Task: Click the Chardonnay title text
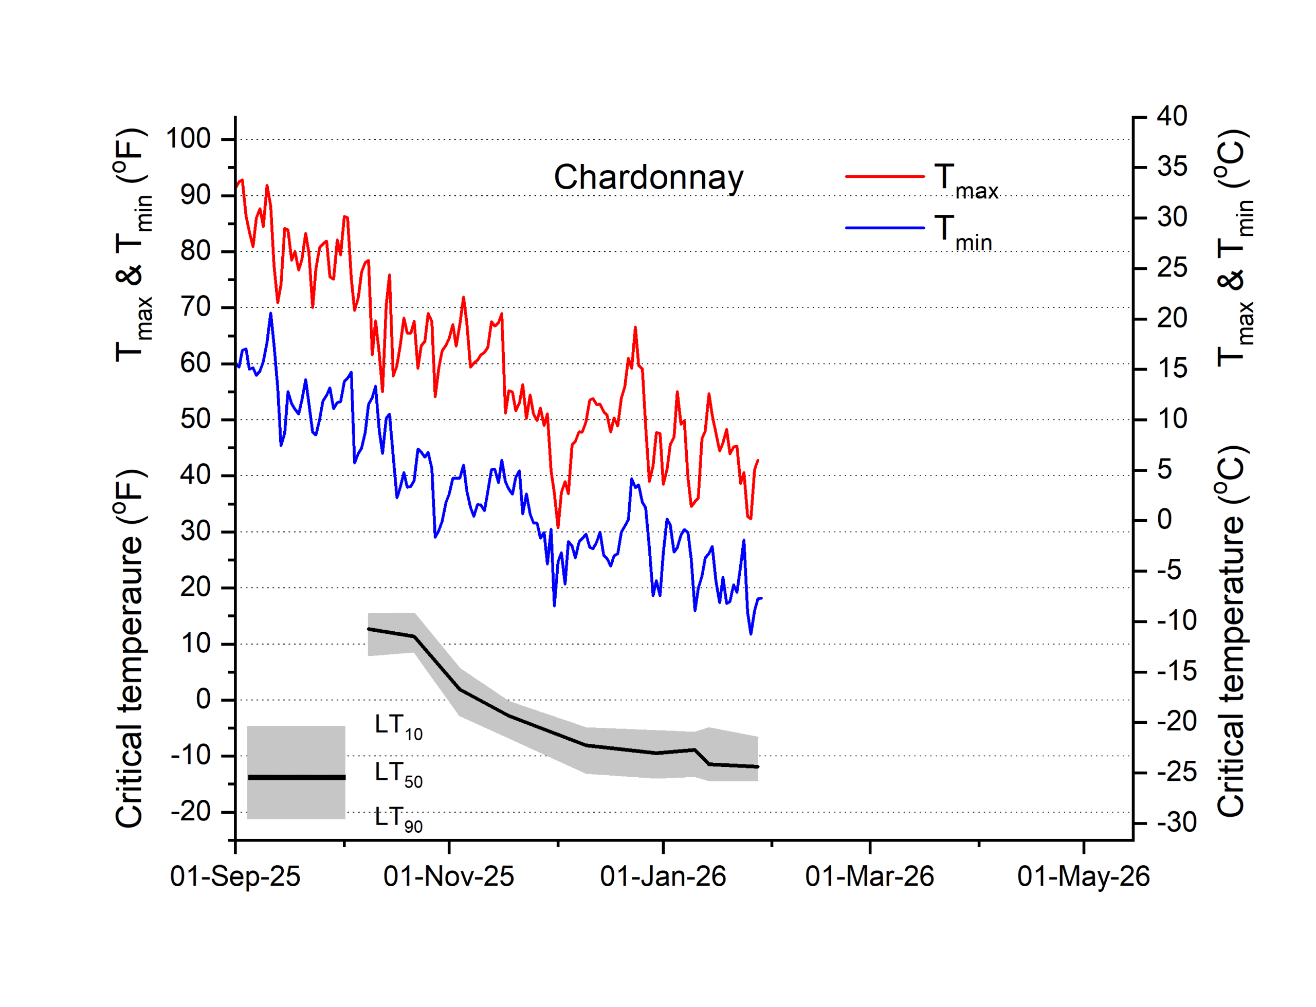648,177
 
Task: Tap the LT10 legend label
398,726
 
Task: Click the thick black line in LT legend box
296,777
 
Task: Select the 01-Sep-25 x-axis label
235,876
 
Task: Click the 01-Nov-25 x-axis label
448,876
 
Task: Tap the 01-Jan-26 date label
662,876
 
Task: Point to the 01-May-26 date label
1083,876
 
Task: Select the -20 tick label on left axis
191,812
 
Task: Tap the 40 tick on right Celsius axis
1172,116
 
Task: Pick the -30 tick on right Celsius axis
1176,822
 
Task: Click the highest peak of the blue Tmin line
270,314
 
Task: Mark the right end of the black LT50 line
758,766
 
